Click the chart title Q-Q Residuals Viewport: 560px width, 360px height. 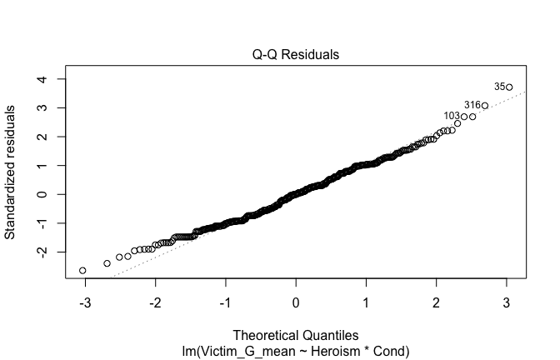[296, 55]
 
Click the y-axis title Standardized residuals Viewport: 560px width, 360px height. [11, 172]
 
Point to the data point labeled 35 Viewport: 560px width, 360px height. [508, 87]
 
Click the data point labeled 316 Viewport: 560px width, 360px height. [484, 106]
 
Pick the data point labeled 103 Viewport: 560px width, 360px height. [464, 117]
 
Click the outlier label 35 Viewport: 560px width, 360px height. [499, 86]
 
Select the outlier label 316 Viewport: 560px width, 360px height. [472, 105]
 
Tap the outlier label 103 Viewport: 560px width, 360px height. [452, 116]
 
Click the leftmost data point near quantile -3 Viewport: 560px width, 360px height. [82, 271]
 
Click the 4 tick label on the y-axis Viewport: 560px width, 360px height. [40, 79]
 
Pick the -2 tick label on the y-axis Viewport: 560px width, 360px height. [40, 251]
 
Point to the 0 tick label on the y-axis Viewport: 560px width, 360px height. [40, 194]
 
